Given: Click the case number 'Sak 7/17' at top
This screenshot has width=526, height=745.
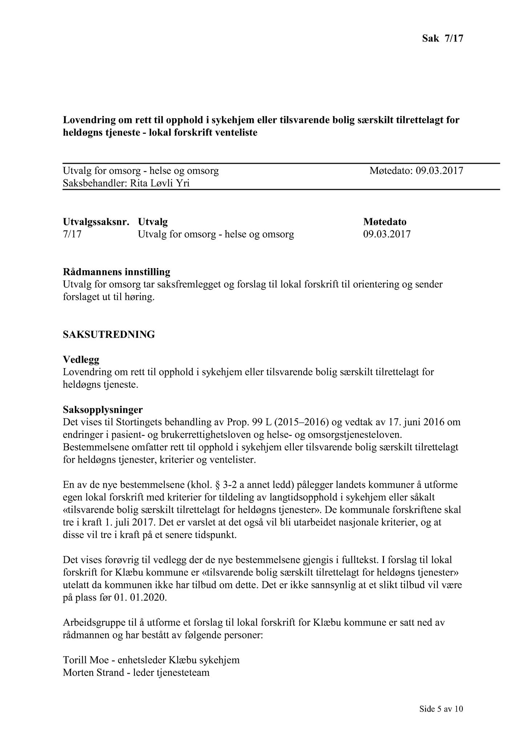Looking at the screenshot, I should [442, 38].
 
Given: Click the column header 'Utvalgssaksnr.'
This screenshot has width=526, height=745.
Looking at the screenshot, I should [96, 222].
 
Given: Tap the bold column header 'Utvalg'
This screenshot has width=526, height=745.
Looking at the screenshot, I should [153, 222].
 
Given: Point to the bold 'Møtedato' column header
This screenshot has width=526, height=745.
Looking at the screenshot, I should [385, 222].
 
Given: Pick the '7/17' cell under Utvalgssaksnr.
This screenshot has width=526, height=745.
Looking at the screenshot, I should [72, 234].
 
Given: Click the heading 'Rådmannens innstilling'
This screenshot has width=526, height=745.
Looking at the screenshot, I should [116, 272].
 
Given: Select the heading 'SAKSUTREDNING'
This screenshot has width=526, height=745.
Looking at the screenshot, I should [109, 334].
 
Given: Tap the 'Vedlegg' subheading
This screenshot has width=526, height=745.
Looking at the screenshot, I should [81, 360].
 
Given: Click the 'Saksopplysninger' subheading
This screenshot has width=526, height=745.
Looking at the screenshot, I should [103, 410].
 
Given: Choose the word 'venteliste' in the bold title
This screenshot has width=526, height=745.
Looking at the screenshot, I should [236, 133].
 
